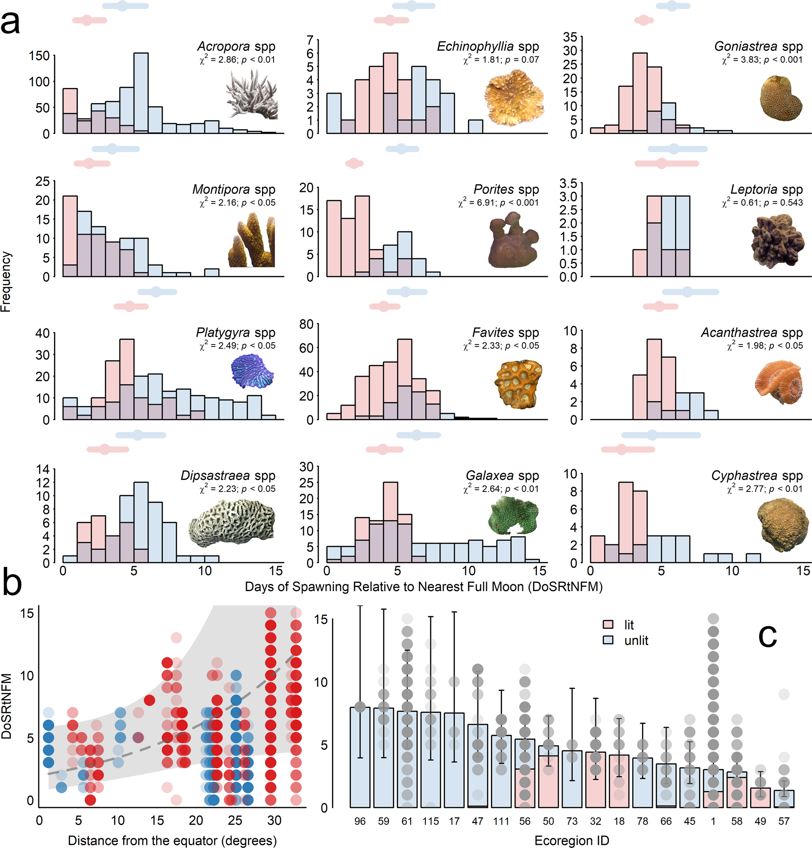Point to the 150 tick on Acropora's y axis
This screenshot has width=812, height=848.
(x=39, y=56)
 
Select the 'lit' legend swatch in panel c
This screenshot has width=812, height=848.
(x=608, y=624)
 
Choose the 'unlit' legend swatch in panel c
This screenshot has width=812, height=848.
(x=608, y=640)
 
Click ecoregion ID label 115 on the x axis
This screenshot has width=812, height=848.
(x=430, y=821)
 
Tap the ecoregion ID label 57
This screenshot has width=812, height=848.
(x=783, y=821)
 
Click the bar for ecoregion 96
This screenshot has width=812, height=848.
(x=360, y=757)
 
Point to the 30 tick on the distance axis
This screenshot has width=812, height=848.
(x=274, y=820)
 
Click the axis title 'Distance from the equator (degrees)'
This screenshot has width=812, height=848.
(x=172, y=840)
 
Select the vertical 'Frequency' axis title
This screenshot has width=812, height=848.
(x=6, y=282)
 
